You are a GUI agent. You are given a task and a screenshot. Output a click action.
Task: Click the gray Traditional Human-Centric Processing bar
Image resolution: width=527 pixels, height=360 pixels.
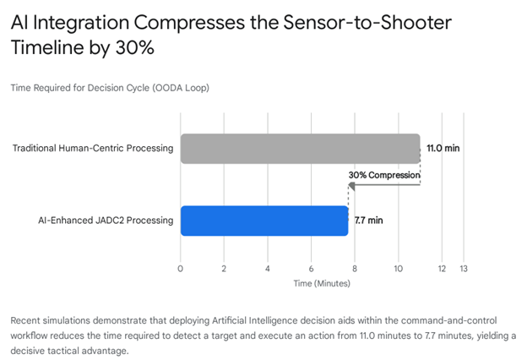[x=300, y=149]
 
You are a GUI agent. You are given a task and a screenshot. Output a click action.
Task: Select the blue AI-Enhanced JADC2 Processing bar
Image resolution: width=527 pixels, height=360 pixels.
[x=264, y=221]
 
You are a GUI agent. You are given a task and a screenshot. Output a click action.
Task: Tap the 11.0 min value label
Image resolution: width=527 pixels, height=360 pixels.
[x=443, y=149]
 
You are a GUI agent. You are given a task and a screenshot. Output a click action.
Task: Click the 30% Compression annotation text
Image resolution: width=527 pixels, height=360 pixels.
[x=383, y=175]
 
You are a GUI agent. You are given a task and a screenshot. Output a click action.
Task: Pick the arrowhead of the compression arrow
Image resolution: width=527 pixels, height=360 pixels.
[x=351, y=184]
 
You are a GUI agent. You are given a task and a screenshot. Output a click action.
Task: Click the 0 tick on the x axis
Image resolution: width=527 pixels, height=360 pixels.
[x=180, y=269]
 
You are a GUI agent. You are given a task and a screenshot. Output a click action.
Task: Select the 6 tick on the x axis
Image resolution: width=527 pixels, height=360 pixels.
[x=311, y=269]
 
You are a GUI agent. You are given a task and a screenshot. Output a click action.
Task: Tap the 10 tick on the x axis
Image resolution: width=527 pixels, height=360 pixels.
[x=398, y=269]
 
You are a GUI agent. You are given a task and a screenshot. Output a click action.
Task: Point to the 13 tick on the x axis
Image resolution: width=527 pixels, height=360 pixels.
[x=463, y=269]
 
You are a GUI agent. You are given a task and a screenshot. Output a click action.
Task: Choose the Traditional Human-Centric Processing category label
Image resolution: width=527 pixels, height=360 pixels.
[x=93, y=149]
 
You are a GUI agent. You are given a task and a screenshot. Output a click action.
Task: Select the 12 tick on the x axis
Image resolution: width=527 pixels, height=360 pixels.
[x=442, y=269]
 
